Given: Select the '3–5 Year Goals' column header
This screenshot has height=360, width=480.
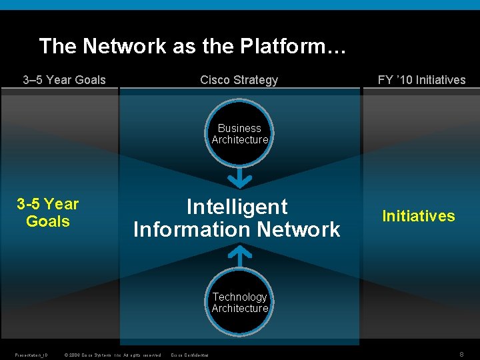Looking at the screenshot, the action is pyautogui.click(x=64, y=80).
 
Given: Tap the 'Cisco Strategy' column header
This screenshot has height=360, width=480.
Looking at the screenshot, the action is pyautogui.click(x=239, y=80).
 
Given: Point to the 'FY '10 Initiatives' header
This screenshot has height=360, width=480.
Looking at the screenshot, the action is pyautogui.click(x=421, y=80).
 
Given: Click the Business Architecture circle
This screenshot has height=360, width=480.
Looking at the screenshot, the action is pyautogui.click(x=239, y=133).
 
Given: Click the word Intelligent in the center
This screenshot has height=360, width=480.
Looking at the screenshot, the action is pyautogui.click(x=237, y=207).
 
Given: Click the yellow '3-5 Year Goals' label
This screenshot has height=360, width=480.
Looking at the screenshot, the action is pyautogui.click(x=47, y=213).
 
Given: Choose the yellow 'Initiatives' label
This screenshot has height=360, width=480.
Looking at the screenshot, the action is pyautogui.click(x=418, y=216).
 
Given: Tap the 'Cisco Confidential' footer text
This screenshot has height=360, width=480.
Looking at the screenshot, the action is pyautogui.click(x=189, y=355).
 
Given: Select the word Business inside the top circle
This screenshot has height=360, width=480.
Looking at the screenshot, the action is pyautogui.click(x=239, y=128).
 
